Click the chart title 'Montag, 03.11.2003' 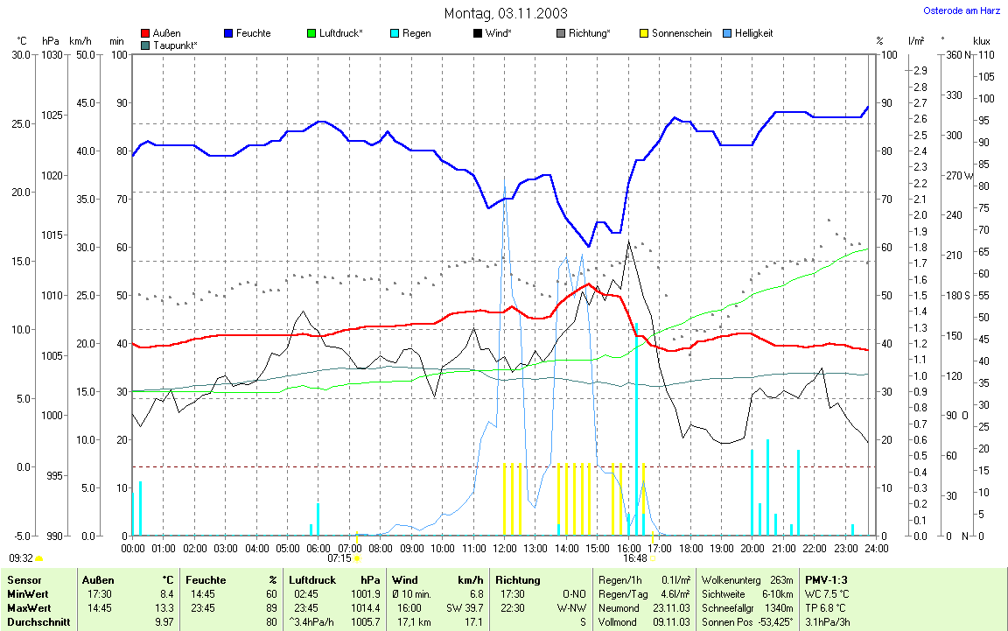[505, 13]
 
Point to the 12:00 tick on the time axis [504, 549]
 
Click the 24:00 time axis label [876, 549]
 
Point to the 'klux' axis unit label [981, 41]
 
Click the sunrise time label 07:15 [339, 557]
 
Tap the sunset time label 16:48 [634, 557]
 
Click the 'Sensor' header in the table [24, 579]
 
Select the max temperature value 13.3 [162, 607]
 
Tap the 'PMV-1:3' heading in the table [826, 579]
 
